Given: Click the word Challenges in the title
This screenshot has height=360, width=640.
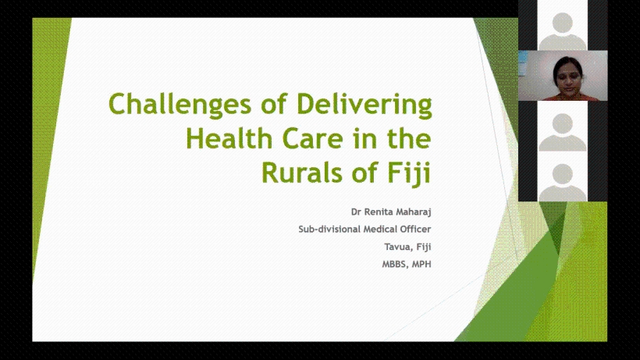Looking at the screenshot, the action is pyautogui.click(x=180, y=105).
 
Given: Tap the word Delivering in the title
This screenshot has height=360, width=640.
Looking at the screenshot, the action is pyautogui.click(x=364, y=105).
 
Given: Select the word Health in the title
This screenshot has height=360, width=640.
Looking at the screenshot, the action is pyautogui.click(x=229, y=138).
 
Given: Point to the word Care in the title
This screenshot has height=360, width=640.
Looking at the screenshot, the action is pyautogui.click(x=313, y=139).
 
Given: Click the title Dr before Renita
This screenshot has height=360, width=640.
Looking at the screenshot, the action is pyautogui.click(x=356, y=212).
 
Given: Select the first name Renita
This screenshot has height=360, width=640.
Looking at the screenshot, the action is pyautogui.click(x=378, y=212).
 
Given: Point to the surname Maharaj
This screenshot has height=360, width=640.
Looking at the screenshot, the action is pyautogui.click(x=413, y=212).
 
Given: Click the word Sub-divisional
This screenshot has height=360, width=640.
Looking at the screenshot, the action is pyautogui.click(x=329, y=230).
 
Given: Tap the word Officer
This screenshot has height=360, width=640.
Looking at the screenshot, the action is pyautogui.click(x=415, y=230).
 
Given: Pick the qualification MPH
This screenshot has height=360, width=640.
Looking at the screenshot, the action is pyautogui.click(x=421, y=265).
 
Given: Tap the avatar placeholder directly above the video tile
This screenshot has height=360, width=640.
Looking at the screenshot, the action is pyautogui.click(x=563, y=31).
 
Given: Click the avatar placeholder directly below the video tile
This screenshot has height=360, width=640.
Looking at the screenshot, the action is pyautogui.click(x=563, y=132).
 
